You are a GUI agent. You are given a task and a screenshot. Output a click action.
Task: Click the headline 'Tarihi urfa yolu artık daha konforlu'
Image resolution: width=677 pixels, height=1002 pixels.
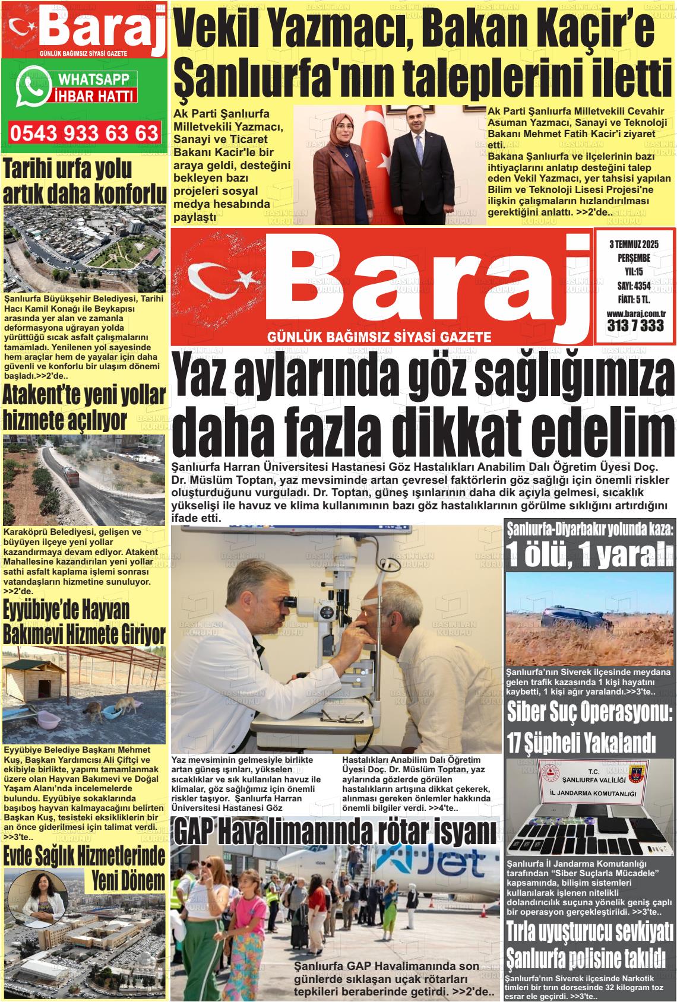84,182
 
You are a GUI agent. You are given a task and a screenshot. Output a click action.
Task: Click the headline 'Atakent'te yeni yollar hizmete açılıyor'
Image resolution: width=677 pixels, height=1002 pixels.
84,408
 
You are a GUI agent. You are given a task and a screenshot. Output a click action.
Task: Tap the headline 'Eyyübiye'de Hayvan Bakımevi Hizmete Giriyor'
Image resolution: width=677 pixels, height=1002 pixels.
84,622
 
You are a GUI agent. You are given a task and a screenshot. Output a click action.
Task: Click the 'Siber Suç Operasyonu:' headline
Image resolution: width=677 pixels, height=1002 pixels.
590,712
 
